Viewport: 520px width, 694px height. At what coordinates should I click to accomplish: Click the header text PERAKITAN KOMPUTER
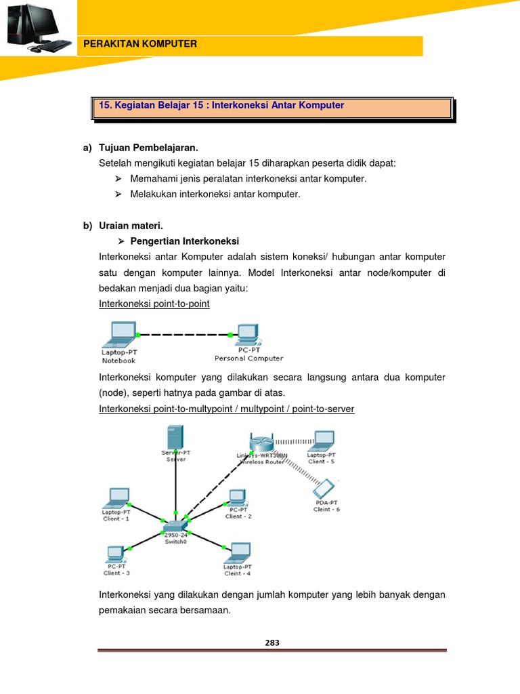pyautogui.click(x=139, y=44)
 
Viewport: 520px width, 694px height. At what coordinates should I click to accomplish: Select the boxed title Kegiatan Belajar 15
pyautogui.click(x=221, y=106)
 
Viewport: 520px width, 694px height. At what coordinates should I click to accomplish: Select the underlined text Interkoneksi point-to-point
pyautogui.click(x=154, y=304)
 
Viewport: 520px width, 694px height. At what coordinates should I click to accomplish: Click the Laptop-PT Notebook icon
pyautogui.click(x=119, y=333)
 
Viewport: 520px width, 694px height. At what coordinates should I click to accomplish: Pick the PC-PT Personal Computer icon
pyautogui.click(x=247, y=333)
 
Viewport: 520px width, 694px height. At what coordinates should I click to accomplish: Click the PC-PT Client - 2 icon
pyautogui.click(x=237, y=497)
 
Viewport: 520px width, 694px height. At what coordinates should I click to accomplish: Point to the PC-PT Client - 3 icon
pyautogui.click(x=116, y=552)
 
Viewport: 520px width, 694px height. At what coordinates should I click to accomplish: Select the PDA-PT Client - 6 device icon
pyautogui.click(x=326, y=489)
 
